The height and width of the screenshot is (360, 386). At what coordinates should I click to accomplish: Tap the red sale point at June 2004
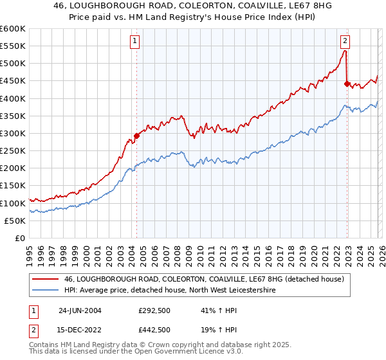click(136, 136)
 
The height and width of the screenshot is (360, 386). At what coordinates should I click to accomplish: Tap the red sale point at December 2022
click(347, 84)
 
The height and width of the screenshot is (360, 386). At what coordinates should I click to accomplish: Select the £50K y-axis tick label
click(15, 221)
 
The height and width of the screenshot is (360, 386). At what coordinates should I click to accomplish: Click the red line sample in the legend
click(45, 279)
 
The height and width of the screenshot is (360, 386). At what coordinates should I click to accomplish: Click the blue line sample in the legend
click(45, 291)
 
